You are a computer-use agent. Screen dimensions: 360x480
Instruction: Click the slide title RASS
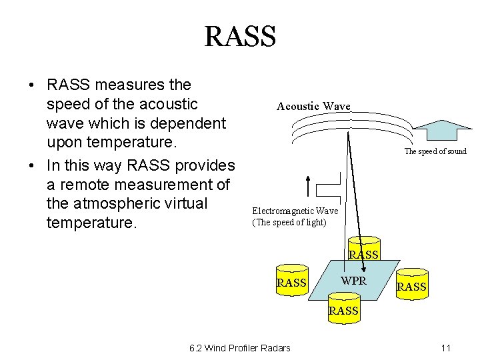click(x=240, y=36)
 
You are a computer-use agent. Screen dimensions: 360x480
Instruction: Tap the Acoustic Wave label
click(x=313, y=106)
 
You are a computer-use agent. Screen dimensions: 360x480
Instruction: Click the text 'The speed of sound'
click(x=435, y=151)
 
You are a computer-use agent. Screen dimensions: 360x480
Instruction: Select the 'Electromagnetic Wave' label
click(x=295, y=211)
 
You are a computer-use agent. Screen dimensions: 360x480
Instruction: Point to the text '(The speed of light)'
click(x=289, y=222)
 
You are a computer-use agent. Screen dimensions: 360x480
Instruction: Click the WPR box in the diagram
click(x=353, y=281)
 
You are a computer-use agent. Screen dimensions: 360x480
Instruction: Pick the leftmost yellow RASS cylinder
click(x=291, y=279)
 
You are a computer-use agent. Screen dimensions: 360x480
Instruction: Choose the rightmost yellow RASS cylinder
click(x=411, y=283)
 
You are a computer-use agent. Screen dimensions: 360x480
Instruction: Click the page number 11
click(x=446, y=348)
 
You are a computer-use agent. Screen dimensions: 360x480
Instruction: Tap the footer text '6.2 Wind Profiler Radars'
click(x=240, y=348)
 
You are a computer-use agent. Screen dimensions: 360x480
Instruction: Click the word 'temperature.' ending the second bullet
click(x=91, y=222)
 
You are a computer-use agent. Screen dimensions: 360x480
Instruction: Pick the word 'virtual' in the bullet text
click(x=201, y=203)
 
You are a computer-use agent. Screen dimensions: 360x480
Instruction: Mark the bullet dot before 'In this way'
click(x=31, y=165)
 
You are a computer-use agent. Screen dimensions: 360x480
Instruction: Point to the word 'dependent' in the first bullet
click(x=193, y=123)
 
